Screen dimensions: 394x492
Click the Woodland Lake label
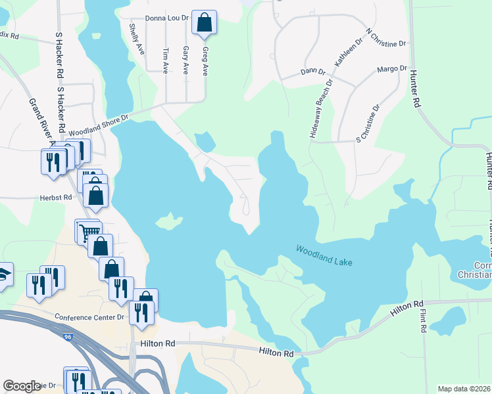click(x=324, y=256)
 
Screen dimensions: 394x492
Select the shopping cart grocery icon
click(x=89, y=230)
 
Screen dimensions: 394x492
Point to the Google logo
click(x=22, y=386)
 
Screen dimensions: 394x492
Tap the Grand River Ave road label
click(x=41, y=121)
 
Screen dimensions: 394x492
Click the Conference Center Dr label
click(x=89, y=317)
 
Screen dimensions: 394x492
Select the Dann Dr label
click(x=312, y=71)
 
